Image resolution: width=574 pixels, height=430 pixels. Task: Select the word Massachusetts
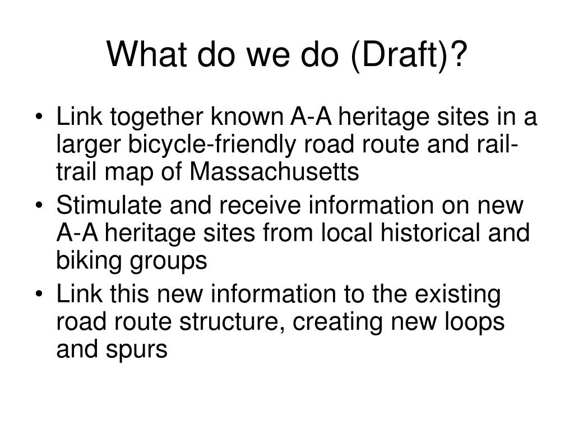pos(274,172)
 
